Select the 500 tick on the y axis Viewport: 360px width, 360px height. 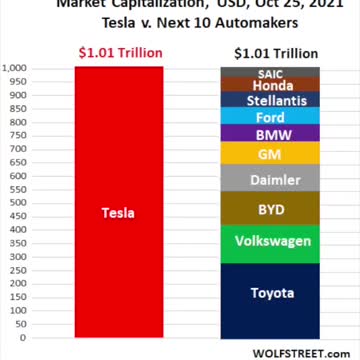click(20, 204)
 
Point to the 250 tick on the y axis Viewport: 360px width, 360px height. click(20, 271)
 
